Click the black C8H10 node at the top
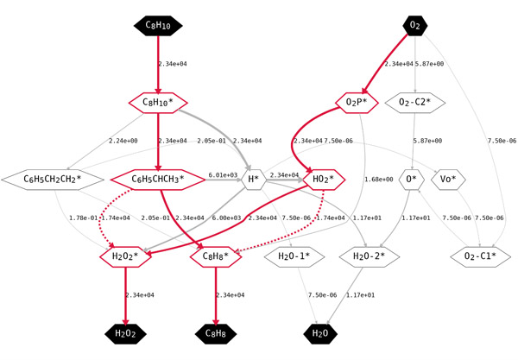click(x=158, y=27)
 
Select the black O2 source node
click(x=416, y=27)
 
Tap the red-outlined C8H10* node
click(x=158, y=103)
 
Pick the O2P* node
click(x=357, y=103)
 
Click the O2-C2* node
click(x=416, y=103)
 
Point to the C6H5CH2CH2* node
click(x=54, y=180)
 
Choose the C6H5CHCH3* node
click(x=158, y=180)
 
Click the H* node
click(x=253, y=180)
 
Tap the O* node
click(x=410, y=180)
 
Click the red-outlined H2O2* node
click(x=127, y=256)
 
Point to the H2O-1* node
click(x=299, y=256)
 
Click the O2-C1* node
click(x=476, y=256)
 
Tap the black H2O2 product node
click(x=127, y=332)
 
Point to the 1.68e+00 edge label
click(x=380, y=180)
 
